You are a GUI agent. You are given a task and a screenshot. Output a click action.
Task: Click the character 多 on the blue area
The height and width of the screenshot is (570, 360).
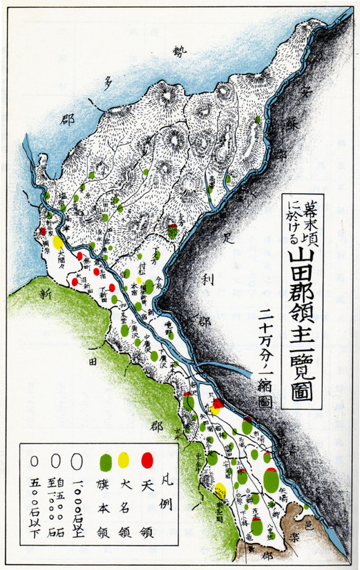[110, 83]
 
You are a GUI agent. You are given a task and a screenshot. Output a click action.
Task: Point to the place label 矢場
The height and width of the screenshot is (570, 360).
[282, 491]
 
